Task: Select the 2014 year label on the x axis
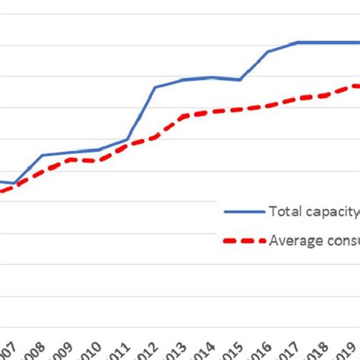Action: pyautogui.click(x=205, y=351)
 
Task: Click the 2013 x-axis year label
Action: pyautogui.click(x=177, y=351)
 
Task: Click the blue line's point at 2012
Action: pyautogui.click(x=155, y=87)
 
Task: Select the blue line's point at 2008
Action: pyautogui.click(x=42, y=155)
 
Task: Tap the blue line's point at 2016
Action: pyautogui.click(x=268, y=52)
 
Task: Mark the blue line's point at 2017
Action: pyautogui.click(x=296, y=43)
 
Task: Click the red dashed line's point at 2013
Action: pyautogui.click(x=183, y=115)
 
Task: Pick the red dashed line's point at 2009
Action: pyautogui.click(x=70, y=159)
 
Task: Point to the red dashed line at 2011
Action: pyautogui.click(x=127, y=144)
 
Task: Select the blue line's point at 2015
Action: pyautogui.click(x=240, y=80)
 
